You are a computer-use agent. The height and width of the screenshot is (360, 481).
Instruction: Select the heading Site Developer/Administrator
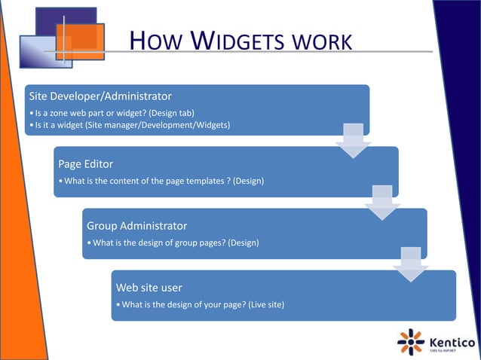100,96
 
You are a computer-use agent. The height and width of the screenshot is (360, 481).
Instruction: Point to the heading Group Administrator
137,226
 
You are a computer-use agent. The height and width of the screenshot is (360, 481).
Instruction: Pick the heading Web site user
149,288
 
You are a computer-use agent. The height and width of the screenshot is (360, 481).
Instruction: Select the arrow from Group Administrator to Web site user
411,265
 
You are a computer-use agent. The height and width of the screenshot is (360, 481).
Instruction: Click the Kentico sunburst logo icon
411,340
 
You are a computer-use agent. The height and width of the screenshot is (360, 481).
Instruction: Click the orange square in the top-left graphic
79,40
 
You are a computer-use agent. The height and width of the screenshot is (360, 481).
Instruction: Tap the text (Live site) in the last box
263,304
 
